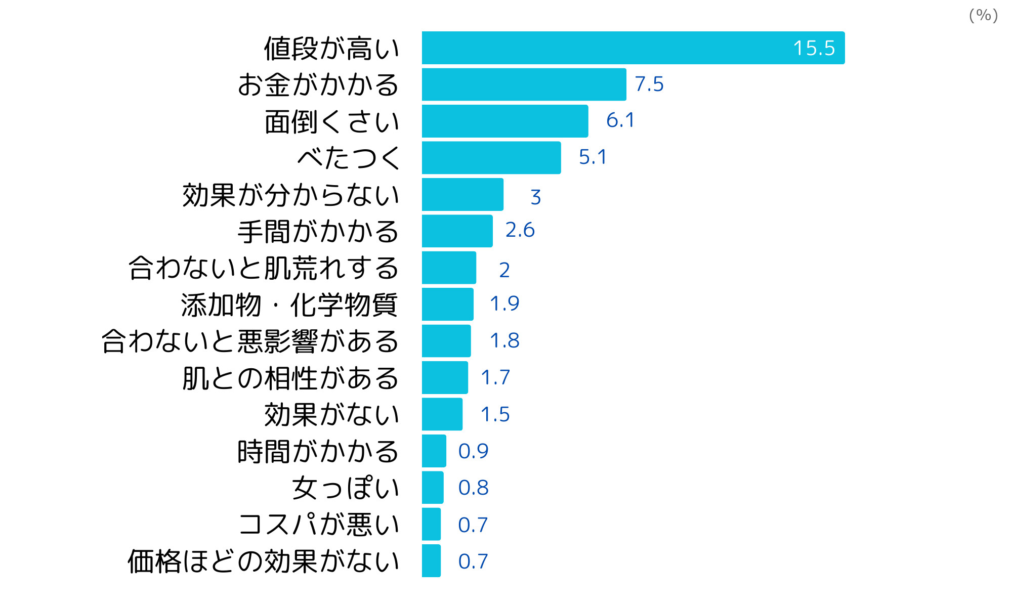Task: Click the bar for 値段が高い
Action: point(632,48)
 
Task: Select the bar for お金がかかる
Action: point(524,84)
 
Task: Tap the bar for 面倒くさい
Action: point(505,121)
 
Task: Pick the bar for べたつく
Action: point(491,158)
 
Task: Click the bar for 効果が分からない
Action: point(462,195)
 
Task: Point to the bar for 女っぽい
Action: point(433,488)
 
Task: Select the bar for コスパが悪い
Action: point(431,525)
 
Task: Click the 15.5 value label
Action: point(814,48)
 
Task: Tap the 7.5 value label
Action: point(649,84)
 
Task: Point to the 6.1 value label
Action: point(620,120)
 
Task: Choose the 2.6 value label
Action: point(520,230)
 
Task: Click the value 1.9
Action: point(504,303)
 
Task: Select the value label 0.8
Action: point(473,488)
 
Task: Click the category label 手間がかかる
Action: point(318,232)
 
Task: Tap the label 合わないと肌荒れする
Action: point(264,268)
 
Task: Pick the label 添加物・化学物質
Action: point(289,305)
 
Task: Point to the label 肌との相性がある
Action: point(291,378)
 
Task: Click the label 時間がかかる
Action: point(318,452)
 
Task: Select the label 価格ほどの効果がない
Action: point(264,561)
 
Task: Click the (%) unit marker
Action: point(983,15)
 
